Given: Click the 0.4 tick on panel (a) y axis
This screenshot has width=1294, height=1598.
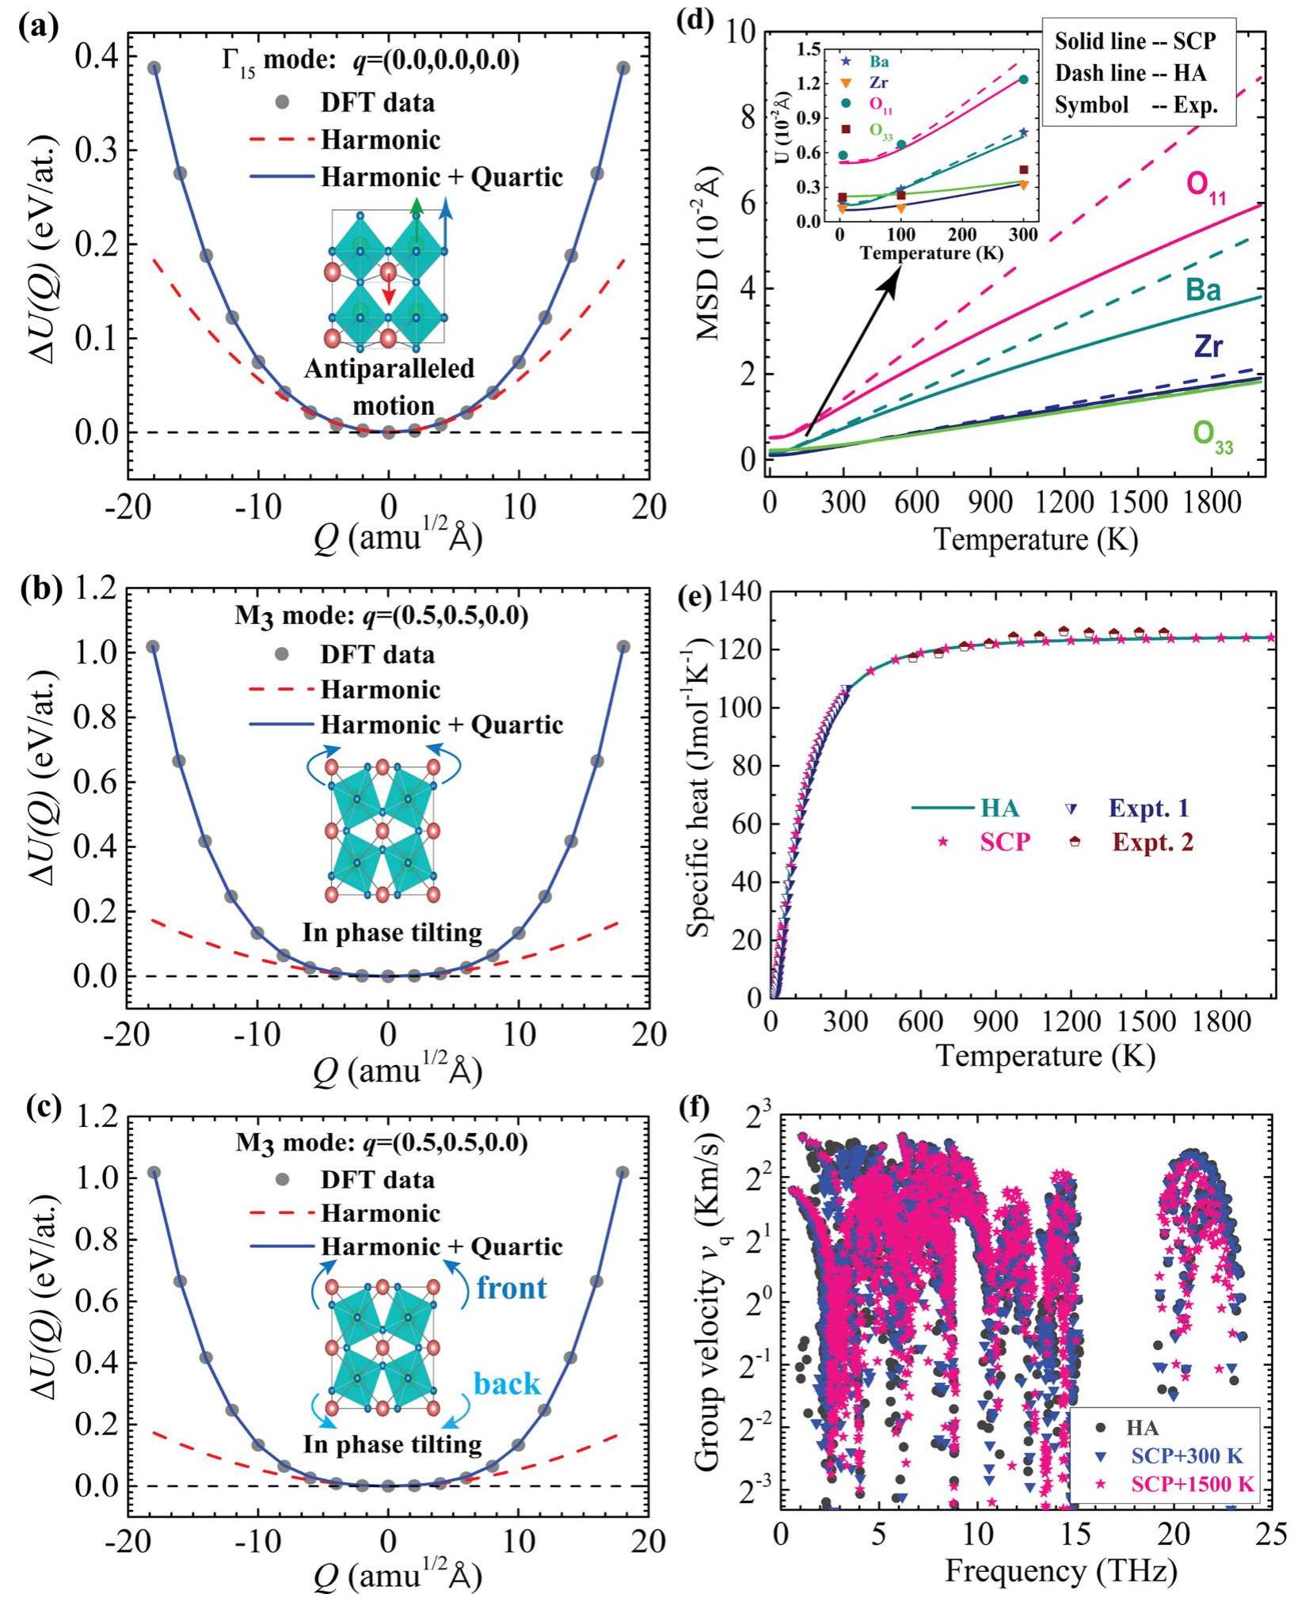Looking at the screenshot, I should (x=94, y=56).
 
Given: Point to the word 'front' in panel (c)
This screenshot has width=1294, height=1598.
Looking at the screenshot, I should (x=511, y=1288).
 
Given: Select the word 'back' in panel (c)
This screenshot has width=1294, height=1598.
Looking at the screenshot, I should (x=507, y=1384).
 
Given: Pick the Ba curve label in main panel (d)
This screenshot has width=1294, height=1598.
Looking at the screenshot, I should (x=1203, y=291).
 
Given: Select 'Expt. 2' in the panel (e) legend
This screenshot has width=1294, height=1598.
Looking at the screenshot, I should (x=1152, y=842).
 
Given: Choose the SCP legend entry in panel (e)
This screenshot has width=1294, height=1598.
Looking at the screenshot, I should (x=1005, y=842).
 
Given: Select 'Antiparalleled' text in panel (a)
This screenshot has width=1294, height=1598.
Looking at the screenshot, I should (x=389, y=369).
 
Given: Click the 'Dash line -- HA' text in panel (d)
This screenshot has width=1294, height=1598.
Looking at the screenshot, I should (x=1130, y=74).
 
